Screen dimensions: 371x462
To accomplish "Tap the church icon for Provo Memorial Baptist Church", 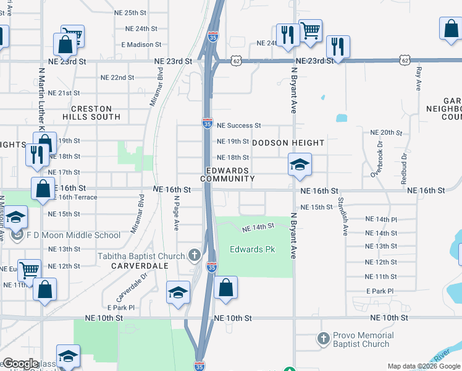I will coord(323,339).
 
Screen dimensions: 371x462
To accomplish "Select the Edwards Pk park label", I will coord(252,250).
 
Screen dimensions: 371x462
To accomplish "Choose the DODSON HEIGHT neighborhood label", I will coord(288,143).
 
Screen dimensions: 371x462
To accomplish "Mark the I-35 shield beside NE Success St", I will coord(208,124).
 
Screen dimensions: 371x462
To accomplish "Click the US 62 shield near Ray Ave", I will coord(405,61).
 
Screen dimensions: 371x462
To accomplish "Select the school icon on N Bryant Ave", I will coord(300,164).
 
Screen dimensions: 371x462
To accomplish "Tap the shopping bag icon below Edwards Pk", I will coord(226,288).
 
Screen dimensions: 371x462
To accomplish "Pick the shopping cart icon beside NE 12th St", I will coord(29,270).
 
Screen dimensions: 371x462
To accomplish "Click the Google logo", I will coord(20,364).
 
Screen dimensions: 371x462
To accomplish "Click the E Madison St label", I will coord(141,45).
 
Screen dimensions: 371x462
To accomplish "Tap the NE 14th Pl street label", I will coord(381,220).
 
